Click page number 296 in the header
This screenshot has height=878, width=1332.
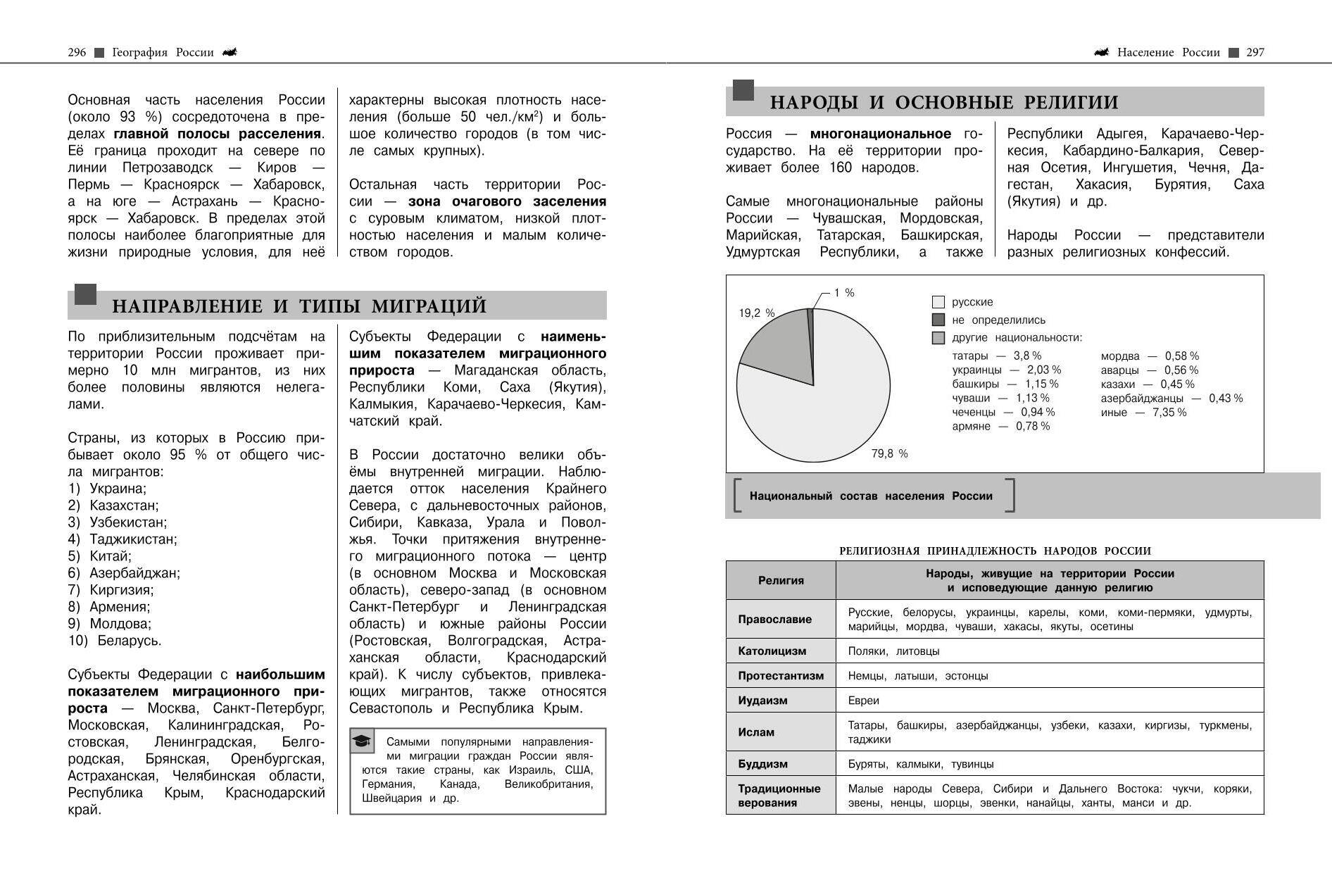tap(77, 52)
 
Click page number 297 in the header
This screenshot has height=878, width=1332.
tap(1255, 52)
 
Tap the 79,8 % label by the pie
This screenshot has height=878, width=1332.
tap(889, 454)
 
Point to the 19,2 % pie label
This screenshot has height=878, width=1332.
tap(756, 313)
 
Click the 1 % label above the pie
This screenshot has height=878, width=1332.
tap(843, 293)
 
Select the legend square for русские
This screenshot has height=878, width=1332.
tap(938, 302)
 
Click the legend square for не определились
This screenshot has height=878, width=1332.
tap(938, 320)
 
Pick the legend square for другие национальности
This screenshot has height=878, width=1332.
tap(938, 338)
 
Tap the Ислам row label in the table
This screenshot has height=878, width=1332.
tap(756, 732)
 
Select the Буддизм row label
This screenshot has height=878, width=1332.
tap(762, 764)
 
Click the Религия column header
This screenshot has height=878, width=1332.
tap(781, 580)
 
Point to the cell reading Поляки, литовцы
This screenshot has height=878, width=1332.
tap(893, 651)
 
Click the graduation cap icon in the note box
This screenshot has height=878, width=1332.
tap(362, 741)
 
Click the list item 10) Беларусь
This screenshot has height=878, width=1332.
tap(115, 641)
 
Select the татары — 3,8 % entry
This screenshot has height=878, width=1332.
tap(996, 356)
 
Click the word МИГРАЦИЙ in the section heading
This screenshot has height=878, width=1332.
tap(429, 306)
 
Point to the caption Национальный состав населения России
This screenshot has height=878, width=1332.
tap(871, 496)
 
